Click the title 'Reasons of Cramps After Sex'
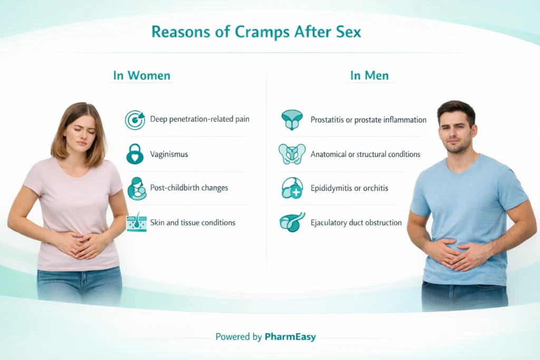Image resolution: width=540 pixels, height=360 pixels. pyautogui.click(x=256, y=32)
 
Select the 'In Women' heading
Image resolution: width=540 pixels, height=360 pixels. pyautogui.click(x=142, y=75)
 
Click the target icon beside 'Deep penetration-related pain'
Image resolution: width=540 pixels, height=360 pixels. pyautogui.click(x=135, y=120)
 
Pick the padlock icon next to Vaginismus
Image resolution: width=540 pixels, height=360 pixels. pyautogui.click(x=135, y=154)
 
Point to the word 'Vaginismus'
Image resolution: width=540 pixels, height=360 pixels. pyautogui.click(x=169, y=154)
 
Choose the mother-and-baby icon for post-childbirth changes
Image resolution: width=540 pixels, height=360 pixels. pyautogui.click(x=136, y=188)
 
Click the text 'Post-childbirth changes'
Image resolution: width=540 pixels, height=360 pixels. pyautogui.click(x=189, y=188)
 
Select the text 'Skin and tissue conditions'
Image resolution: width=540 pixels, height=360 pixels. pyautogui.click(x=192, y=222)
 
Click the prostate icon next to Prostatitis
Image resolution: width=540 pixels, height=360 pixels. pyautogui.click(x=292, y=120)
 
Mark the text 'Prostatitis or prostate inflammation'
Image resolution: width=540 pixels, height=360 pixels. pyautogui.click(x=368, y=120)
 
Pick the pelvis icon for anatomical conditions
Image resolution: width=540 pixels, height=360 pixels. pyautogui.click(x=292, y=154)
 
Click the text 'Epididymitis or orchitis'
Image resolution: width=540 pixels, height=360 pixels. pyautogui.click(x=350, y=188)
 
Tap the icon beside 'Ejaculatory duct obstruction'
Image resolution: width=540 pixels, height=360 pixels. pyautogui.click(x=292, y=222)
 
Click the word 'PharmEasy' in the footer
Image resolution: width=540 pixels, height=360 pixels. pyautogui.click(x=291, y=337)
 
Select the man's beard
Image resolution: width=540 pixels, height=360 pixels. pyautogui.click(x=457, y=145)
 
